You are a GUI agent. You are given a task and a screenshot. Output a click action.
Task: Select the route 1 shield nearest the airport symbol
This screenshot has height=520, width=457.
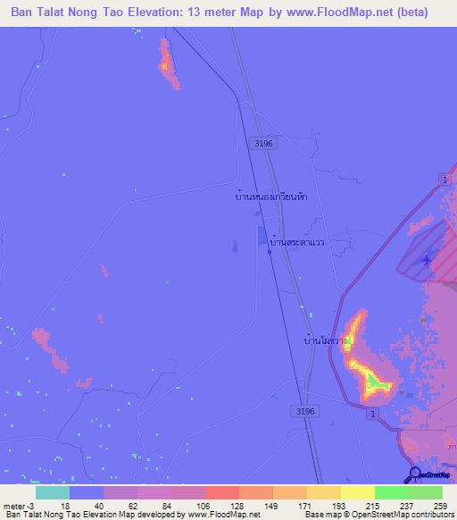(x=444, y=180)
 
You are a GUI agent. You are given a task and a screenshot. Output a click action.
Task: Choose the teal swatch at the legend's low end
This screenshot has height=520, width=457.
(x=53, y=492)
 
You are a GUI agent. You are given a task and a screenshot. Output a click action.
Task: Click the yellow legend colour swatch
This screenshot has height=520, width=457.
(x=357, y=492)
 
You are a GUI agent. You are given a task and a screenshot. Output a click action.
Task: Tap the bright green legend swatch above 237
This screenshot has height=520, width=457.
(x=391, y=492)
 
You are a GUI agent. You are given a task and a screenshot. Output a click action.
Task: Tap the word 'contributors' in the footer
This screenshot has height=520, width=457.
(x=428, y=515)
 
